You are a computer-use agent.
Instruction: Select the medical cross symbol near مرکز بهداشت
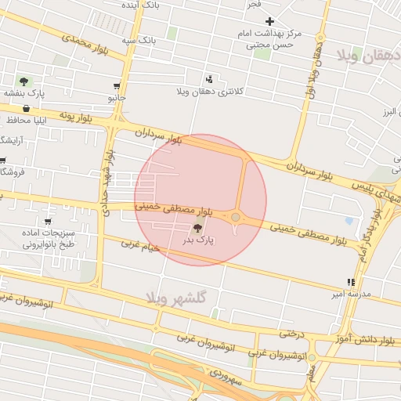point(270,21)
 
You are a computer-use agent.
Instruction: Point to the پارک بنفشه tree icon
point(23,81)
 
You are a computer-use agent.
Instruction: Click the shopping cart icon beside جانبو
point(117,86)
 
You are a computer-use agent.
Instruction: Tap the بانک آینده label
point(142,5)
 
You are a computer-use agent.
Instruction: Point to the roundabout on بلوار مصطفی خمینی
point(236,217)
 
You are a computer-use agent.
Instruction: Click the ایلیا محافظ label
point(31,121)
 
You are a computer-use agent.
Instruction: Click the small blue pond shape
point(349,222)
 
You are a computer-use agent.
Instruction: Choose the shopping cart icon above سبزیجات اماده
point(49,222)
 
